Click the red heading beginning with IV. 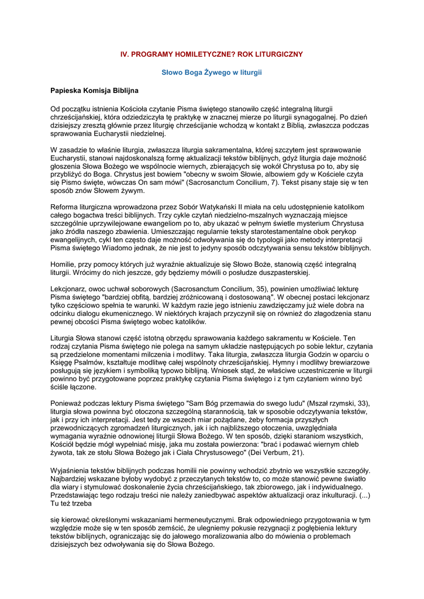(212, 54)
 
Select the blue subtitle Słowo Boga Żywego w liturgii (212, 72)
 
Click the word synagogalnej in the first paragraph (305, 117)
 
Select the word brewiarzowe (340, 363)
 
